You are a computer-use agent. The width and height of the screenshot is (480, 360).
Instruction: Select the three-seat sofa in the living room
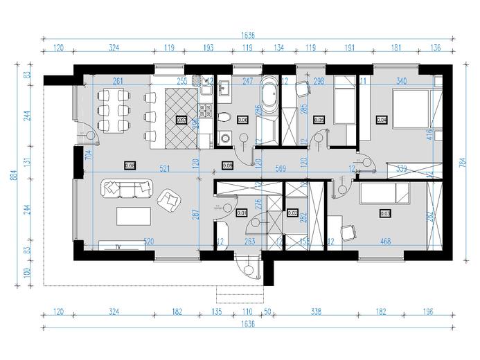click(126, 187)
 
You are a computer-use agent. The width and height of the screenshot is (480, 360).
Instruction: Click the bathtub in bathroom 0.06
click(269, 96)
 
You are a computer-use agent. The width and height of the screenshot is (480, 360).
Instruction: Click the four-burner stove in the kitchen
click(205, 109)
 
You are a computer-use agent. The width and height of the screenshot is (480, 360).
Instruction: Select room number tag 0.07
click(181, 119)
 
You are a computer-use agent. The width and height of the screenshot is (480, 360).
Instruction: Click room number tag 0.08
click(130, 165)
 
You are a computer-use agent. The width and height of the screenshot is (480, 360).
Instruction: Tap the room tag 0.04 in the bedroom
click(381, 119)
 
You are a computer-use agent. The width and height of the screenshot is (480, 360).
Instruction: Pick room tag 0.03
click(385, 214)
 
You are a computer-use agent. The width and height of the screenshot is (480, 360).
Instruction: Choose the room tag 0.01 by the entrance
click(241, 213)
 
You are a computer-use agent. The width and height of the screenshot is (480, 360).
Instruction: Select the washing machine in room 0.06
click(224, 137)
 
